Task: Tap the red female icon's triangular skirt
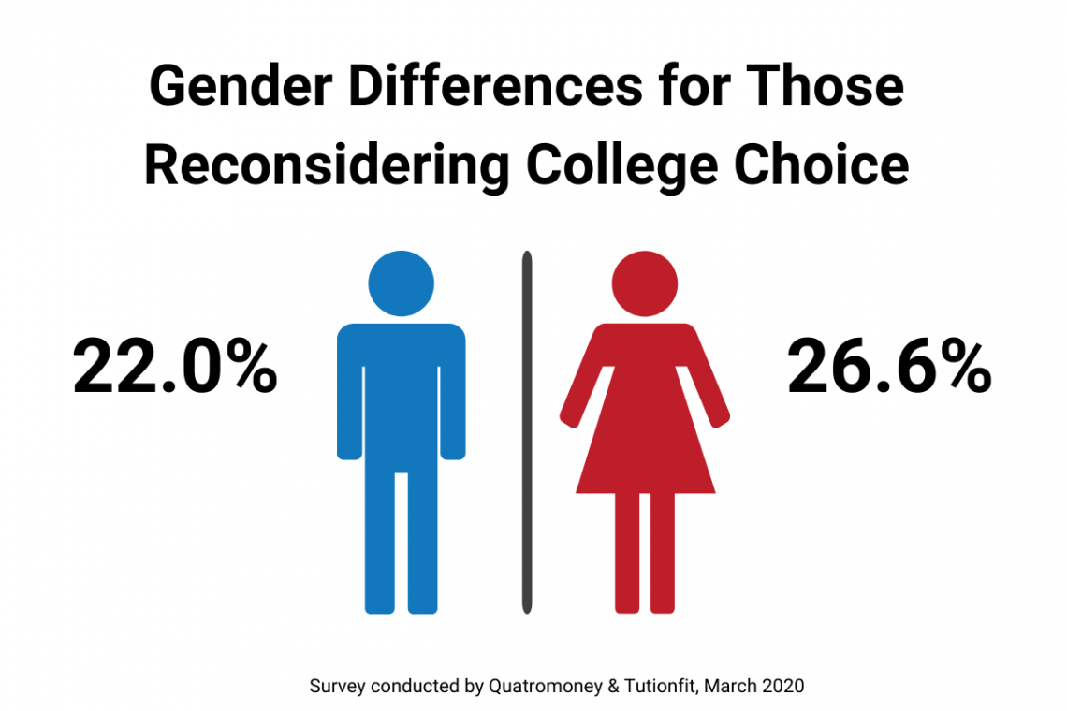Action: point(645,449)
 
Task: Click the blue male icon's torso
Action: point(401,393)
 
